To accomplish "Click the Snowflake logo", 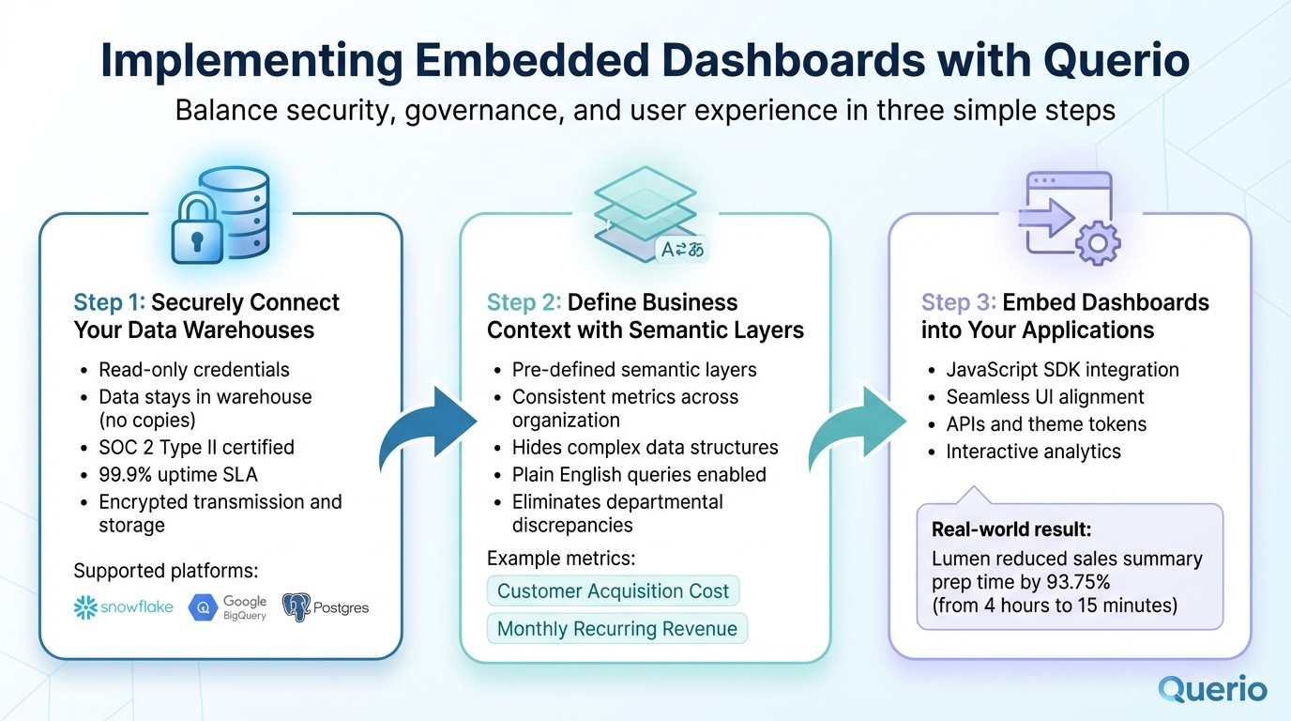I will [124, 607].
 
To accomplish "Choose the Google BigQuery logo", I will [228, 607].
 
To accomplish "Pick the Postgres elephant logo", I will [326, 607].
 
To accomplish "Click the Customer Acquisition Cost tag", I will [613, 591].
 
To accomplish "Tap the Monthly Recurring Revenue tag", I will [616, 629].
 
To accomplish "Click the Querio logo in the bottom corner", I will [1212, 689].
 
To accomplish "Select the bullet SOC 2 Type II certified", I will [196, 447].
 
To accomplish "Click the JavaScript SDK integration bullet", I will [1062, 370].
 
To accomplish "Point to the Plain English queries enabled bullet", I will [639, 474].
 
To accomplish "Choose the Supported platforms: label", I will [165, 571].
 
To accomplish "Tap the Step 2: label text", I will [524, 302].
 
